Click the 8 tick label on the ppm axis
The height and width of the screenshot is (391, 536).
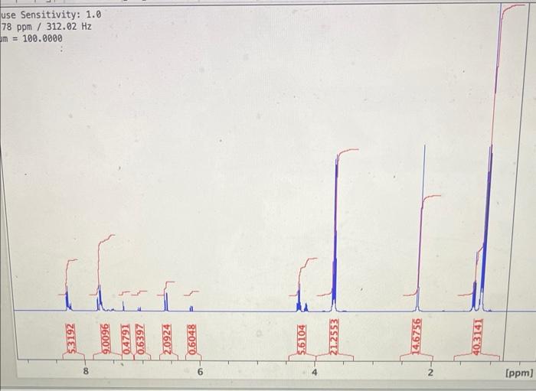click(x=86, y=372)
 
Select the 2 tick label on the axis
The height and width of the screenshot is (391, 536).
click(x=430, y=372)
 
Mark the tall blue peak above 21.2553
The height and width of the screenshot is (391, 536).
click(x=335, y=230)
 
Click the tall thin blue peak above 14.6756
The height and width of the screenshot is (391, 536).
click(x=423, y=230)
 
